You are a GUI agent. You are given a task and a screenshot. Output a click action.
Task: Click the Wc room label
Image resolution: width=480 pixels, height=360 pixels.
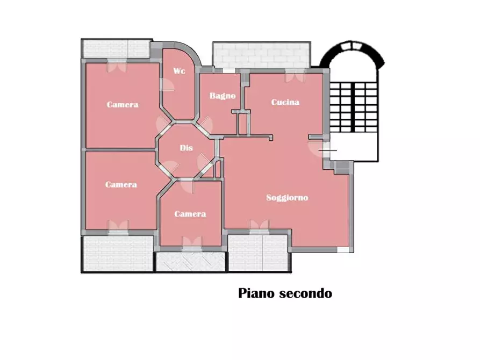click(x=179, y=71)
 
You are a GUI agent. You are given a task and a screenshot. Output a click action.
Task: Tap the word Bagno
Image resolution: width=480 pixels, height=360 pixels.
click(x=223, y=96)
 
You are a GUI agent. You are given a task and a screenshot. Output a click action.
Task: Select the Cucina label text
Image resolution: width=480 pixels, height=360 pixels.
click(x=285, y=102)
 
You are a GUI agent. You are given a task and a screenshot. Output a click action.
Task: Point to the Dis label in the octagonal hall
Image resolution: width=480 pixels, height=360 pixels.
click(x=186, y=148)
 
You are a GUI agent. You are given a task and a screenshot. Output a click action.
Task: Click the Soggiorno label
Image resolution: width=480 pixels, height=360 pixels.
click(x=288, y=198)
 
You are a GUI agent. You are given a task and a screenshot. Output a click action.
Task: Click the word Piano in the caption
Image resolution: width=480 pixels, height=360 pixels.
click(x=256, y=294)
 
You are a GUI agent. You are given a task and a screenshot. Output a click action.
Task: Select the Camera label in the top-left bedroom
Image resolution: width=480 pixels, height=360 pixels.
click(x=122, y=105)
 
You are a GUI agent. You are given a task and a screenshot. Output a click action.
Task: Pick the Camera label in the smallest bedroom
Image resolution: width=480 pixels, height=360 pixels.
click(x=190, y=214)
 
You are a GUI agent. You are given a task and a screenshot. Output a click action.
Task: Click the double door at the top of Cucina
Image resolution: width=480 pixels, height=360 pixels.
click(x=294, y=76)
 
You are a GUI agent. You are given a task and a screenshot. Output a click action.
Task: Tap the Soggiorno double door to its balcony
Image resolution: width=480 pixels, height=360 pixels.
click(x=259, y=226)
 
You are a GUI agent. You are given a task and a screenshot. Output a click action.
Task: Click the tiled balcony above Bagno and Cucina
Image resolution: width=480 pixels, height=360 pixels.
click(x=262, y=55)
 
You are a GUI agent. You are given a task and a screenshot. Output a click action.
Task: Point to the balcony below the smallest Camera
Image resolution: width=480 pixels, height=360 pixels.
click(x=190, y=262)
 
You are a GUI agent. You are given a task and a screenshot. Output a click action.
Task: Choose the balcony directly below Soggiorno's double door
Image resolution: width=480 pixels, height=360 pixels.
click(x=260, y=253)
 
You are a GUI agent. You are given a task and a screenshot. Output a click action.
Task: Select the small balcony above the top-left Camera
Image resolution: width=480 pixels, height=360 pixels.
click(x=116, y=48)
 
